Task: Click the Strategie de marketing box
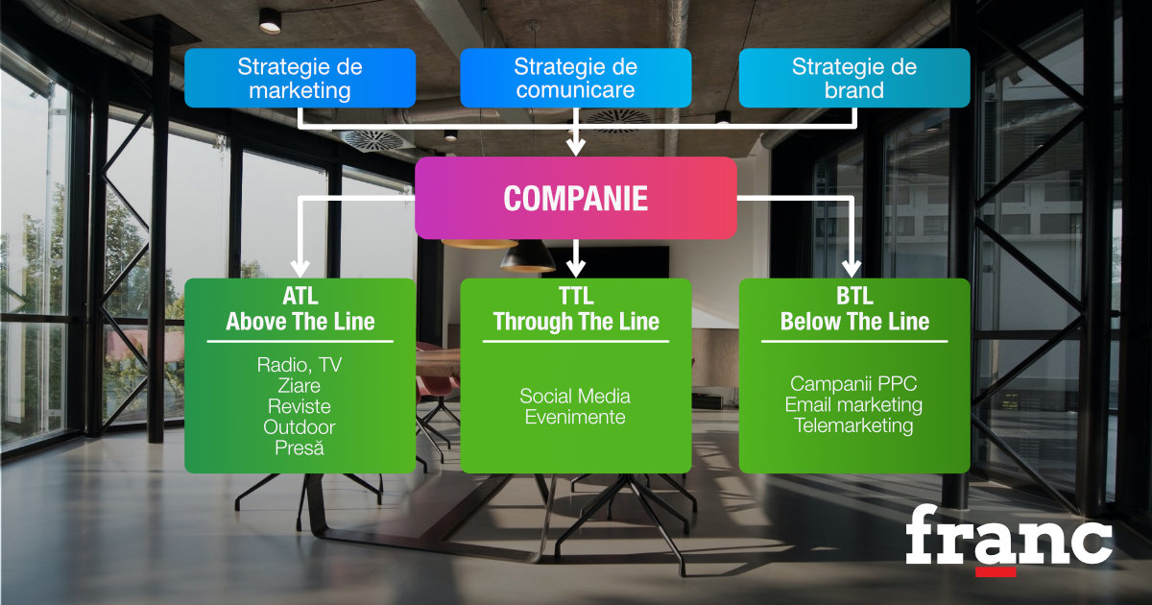coord(300,78)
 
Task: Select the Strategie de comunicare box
coord(575,78)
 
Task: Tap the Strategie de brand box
coord(854,78)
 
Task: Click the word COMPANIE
coord(575,198)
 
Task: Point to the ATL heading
coord(300,296)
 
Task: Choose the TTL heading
coord(576,296)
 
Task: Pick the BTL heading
coord(854,296)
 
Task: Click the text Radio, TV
coord(300,365)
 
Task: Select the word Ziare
coord(300,385)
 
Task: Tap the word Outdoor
coord(300,427)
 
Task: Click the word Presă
coord(300,448)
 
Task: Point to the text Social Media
coord(575,396)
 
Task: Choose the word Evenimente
coord(575,417)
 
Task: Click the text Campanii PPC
coord(853,383)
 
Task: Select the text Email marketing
coord(853,404)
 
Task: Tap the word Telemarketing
coord(853,425)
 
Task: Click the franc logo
coord(1009,539)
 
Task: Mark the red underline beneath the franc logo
coord(996,572)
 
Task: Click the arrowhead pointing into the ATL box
coord(300,269)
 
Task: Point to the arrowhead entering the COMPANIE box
coord(575,146)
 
